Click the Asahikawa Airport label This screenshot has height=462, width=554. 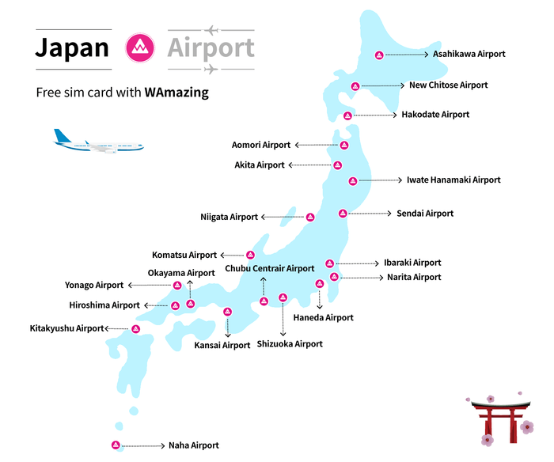[x=469, y=55]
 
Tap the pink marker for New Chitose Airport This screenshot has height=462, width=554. [x=356, y=85]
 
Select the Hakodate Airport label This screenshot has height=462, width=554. [x=435, y=115]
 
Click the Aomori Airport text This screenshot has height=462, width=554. [x=261, y=145]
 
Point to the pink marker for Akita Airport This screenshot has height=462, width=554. [x=338, y=165]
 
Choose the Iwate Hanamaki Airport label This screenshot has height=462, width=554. [x=453, y=180]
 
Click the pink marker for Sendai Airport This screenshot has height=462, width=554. [x=343, y=213]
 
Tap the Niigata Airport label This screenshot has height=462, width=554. [x=230, y=217]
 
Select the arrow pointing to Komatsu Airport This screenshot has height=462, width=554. [x=232, y=255]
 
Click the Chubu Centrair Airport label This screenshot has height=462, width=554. [x=270, y=269]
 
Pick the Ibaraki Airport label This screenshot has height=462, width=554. [x=412, y=263]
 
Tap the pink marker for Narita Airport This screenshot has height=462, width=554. [x=334, y=277]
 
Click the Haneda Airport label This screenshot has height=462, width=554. [x=323, y=318]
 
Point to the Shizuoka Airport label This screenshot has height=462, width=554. [x=290, y=344]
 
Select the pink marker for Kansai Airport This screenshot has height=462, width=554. [x=227, y=312]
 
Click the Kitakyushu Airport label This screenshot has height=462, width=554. [x=67, y=328]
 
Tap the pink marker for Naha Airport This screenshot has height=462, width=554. [x=116, y=445]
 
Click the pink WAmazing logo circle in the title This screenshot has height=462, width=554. [x=138, y=47]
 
